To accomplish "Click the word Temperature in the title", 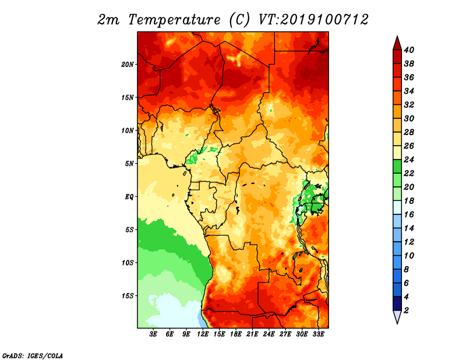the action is pos(174,20).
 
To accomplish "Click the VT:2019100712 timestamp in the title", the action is pos(313,20).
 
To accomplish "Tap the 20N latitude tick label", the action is pos(128,65).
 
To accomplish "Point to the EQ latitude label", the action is pos(129,197).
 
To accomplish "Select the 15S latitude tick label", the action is pos(128,296).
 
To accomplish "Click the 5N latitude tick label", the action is pos(129,164).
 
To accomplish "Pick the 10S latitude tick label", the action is pos(128,263).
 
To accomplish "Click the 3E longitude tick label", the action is pos(153,334).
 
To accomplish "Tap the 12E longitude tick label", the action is pos(203,334).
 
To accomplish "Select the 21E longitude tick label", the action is pos(252,334).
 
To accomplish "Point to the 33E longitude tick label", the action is pos(318,334).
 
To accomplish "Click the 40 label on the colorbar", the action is pos(409,50).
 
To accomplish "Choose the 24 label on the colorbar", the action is pos(409,160).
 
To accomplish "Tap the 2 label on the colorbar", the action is pos(407,310).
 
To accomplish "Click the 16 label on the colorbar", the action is pos(409,214).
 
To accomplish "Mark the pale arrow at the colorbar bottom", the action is pos(397,317).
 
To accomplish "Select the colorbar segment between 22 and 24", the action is pos(397,167).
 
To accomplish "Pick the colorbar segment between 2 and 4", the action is pos(397,303).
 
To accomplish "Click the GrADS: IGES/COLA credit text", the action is pos(33,355).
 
